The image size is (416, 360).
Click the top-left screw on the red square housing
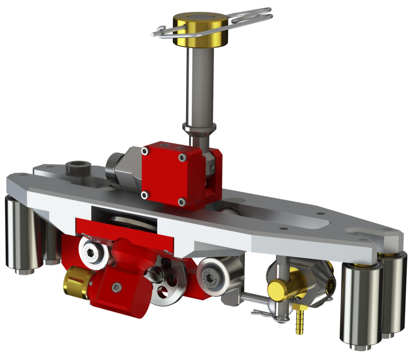(146, 152)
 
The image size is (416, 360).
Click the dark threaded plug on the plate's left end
(76, 169)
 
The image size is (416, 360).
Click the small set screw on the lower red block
(118, 286)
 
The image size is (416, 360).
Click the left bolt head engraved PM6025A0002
(94, 250)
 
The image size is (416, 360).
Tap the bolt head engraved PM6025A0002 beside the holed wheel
(212, 273)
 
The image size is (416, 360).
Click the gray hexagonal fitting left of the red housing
(123, 170)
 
